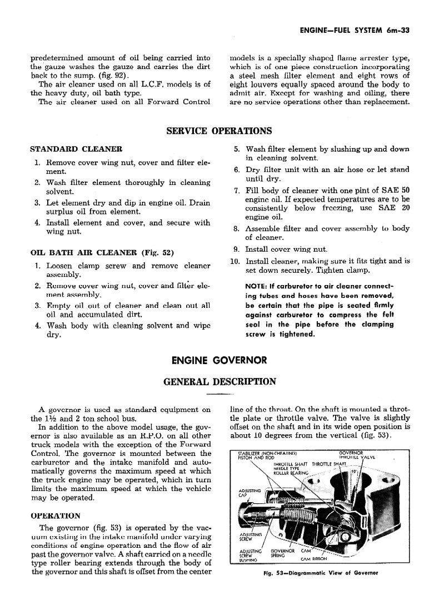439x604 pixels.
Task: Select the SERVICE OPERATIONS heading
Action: pos(219,131)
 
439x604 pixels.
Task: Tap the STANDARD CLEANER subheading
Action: pos(76,149)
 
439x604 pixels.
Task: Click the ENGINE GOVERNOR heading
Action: pos(219,360)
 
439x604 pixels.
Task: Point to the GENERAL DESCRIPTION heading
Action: pos(219,381)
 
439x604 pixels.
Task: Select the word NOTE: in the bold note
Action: pos(258,286)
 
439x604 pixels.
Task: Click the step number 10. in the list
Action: pos(235,261)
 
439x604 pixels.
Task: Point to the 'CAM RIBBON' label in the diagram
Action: pos(314,559)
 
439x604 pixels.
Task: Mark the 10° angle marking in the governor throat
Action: pos(354,472)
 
